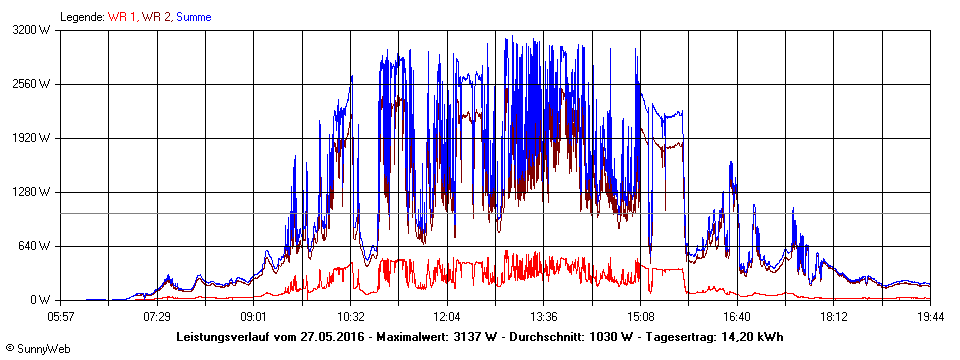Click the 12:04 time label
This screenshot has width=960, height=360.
click(x=447, y=316)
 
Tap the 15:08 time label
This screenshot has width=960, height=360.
click(x=640, y=316)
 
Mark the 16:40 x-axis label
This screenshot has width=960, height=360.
click(x=736, y=316)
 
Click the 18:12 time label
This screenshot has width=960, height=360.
click(x=833, y=316)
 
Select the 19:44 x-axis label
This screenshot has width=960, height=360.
click(x=930, y=316)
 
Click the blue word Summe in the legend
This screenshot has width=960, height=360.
click(x=193, y=17)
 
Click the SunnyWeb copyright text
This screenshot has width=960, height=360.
click(x=39, y=349)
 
